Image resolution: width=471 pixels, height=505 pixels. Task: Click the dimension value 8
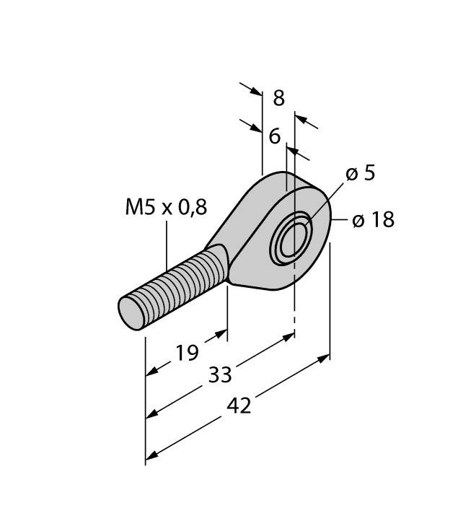pos(278,99)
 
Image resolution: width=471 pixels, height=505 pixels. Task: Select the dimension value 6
pos(275,136)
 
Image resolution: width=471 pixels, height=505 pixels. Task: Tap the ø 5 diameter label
pos(360,174)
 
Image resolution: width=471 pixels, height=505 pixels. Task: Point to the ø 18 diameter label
pos(373,221)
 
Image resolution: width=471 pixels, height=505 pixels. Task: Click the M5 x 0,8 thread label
pos(166,208)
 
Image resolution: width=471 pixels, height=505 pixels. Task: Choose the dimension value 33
pos(221,374)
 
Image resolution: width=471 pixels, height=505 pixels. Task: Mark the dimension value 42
pos(239,406)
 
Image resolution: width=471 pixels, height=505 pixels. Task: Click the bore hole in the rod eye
pos(293,237)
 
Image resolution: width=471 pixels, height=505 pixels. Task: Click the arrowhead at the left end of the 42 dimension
pos(151,455)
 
